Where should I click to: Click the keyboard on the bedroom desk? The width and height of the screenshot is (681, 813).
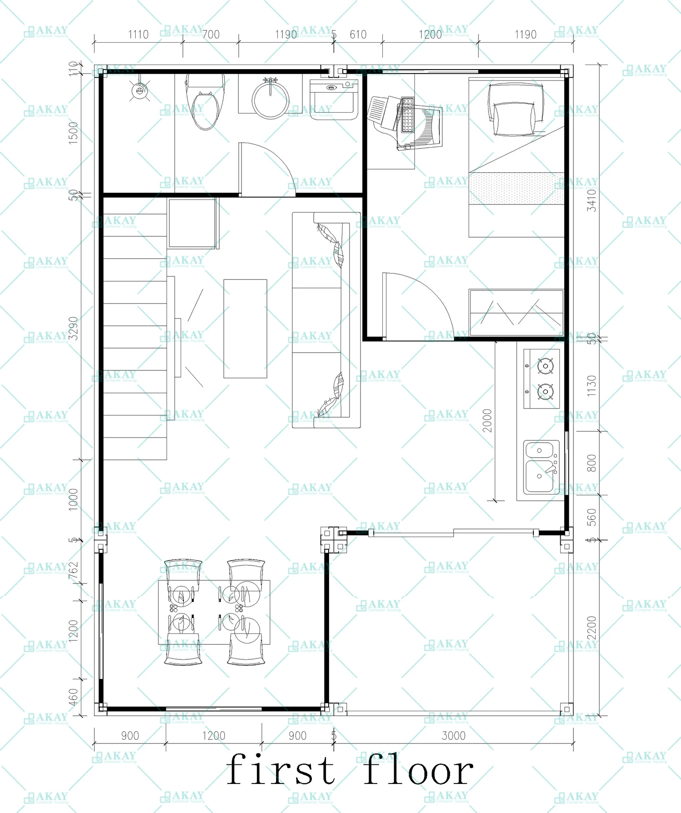[x=407, y=115]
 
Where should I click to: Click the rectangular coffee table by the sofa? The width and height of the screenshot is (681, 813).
[x=245, y=329]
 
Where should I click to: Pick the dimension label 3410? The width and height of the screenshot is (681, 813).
[x=592, y=200]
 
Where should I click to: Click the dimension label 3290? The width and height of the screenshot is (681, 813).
[x=73, y=328]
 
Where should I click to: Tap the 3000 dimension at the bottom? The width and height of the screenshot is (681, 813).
[x=454, y=736]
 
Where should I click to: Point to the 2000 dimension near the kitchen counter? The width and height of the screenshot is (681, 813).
[x=487, y=421]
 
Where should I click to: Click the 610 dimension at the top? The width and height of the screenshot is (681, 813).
[x=358, y=35]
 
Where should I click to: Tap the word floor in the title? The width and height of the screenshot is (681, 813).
[x=418, y=770]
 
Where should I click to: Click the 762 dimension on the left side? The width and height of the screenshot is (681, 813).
[x=73, y=571]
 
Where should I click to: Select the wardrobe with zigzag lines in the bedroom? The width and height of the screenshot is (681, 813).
[x=517, y=313]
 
